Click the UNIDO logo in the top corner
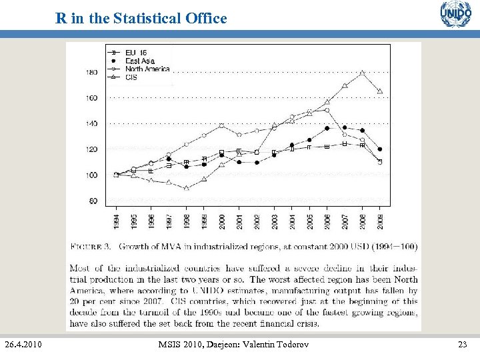coord(455,14)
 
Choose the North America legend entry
coord(147,69)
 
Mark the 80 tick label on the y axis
coord(93,201)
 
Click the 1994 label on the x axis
coord(116,219)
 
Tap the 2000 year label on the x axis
coord(221,219)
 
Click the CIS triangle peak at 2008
coord(362,73)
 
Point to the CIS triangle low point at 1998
coord(187,188)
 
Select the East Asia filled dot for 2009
coord(380,149)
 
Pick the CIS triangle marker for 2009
coord(380,91)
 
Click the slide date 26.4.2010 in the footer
coord(23,344)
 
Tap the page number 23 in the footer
coord(463,344)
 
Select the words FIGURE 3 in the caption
coord(90,247)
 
